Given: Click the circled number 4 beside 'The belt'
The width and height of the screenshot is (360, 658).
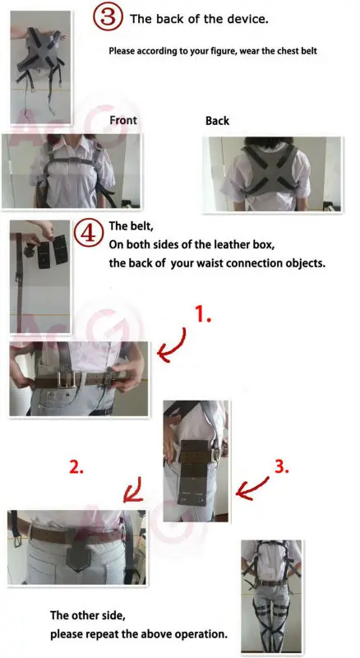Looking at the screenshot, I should coord(88,233).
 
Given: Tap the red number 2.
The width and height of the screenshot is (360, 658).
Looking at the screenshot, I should coord(76,466).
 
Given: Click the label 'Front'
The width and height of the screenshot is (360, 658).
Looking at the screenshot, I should coord(123,121).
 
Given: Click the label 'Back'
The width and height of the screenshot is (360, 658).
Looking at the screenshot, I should coord(217,121).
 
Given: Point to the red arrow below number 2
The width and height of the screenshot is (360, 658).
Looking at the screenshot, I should coord(134,491).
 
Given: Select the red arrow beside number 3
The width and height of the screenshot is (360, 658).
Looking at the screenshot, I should coord(252,488).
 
